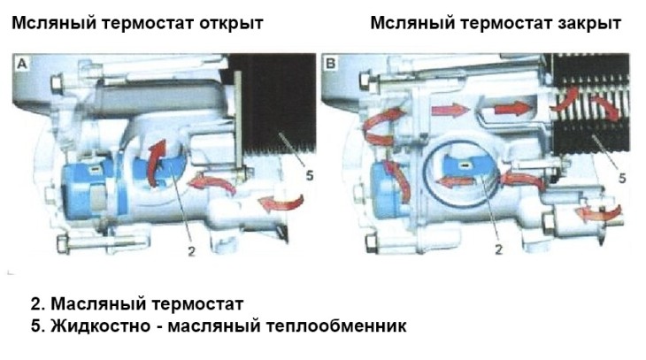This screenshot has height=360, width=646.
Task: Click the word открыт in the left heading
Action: coord(231,23)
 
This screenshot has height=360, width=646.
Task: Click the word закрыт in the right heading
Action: coord(589,23)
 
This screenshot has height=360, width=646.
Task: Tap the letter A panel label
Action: coord(22,64)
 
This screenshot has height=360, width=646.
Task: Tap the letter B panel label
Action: coord(330,64)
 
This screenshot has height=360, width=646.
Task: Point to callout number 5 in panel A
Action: coord(310,176)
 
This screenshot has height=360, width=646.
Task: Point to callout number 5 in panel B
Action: coord(622,179)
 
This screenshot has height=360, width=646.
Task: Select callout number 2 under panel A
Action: coord(191,251)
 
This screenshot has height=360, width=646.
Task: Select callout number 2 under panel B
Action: coord(498,249)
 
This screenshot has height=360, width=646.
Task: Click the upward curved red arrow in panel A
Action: coord(156,163)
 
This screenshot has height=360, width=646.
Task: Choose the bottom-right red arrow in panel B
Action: coord(598,213)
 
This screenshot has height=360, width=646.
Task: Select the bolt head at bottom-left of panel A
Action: coord(62,244)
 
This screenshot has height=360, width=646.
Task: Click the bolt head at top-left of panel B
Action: coord(365,80)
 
